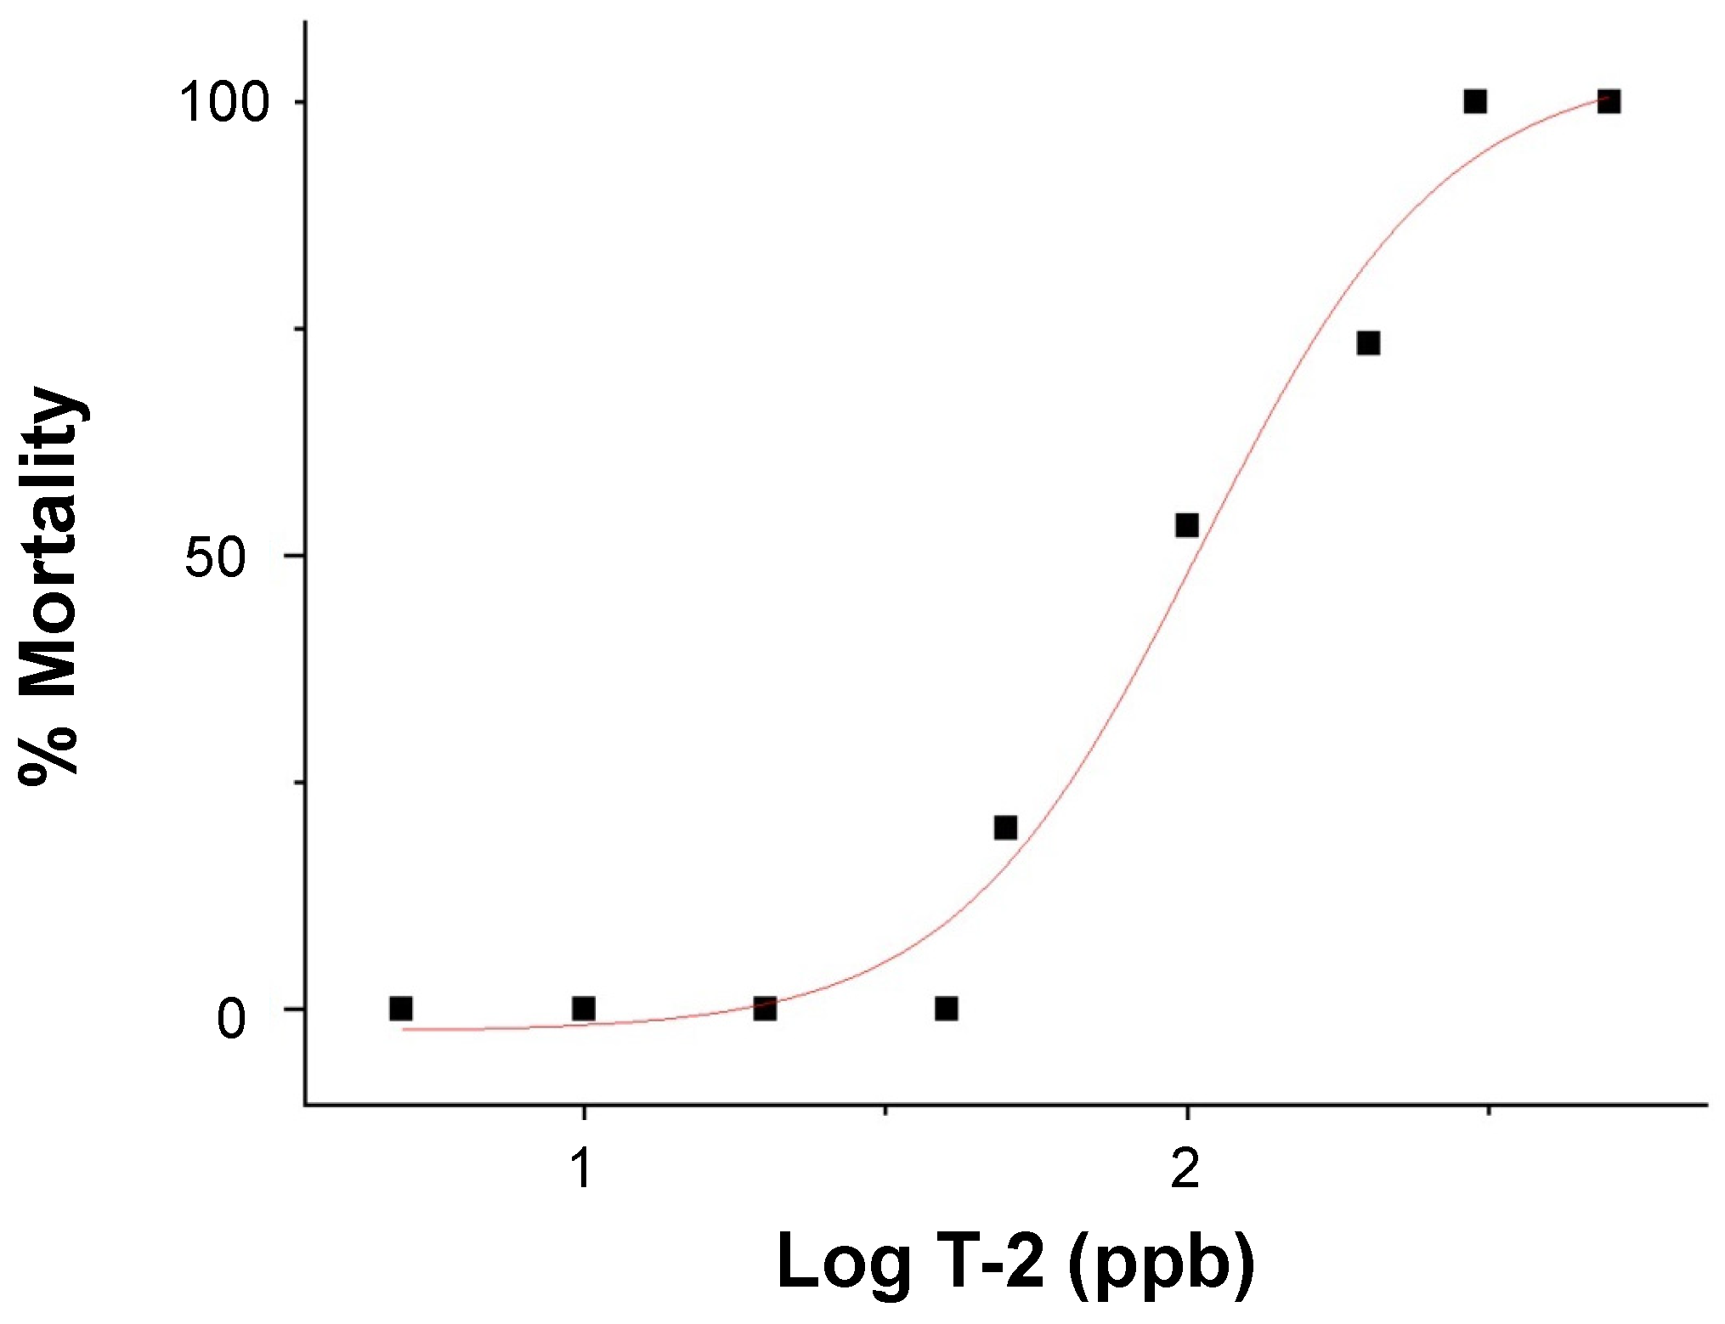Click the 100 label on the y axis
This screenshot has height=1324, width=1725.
coord(223,103)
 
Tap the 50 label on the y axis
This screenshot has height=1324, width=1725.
coord(215,558)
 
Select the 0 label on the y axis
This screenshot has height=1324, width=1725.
coord(231,1018)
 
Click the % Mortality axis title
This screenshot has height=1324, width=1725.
coord(51,586)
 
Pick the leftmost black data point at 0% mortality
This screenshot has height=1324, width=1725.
coord(401,1009)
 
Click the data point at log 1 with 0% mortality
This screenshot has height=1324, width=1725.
coord(583,1009)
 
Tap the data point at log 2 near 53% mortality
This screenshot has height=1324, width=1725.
coord(1187,525)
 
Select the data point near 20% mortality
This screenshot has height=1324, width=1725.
coord(1005,828)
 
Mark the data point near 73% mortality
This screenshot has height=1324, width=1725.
coord(1368,343)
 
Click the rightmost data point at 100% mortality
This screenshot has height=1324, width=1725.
coord(1609,102)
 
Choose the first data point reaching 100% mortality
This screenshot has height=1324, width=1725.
coord(1475,102)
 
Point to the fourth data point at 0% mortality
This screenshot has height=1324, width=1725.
coord(947,1009)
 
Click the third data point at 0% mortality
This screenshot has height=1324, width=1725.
coord(765,1009)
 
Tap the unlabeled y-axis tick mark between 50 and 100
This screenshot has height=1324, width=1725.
coord(299,329)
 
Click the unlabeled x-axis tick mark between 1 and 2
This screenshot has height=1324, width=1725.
coord(885,1110)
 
